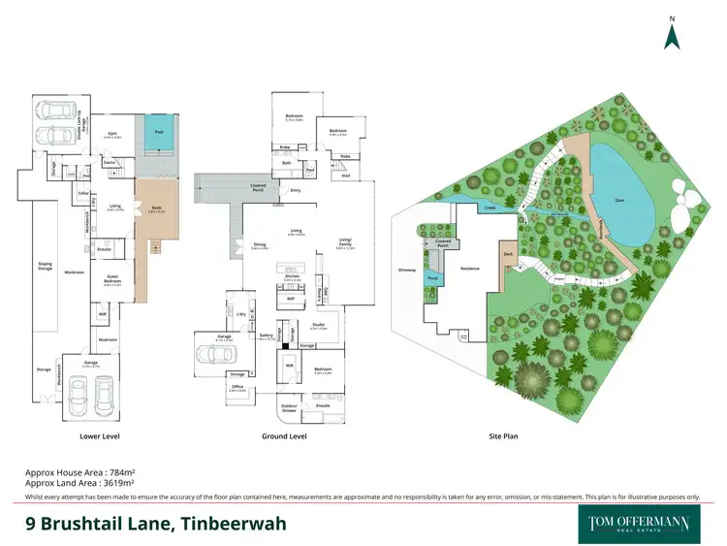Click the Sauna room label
point(110,163)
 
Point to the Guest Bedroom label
point(112,281)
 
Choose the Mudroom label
point(106,340)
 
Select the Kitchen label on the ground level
point(291,277)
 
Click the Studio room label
point(318,327)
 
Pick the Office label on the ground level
point(237,388)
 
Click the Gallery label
point(267,336)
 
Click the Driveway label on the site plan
point(405,270)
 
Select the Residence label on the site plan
point(470,269)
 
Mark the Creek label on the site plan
point(490,207)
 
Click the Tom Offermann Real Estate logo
point(639,523)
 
